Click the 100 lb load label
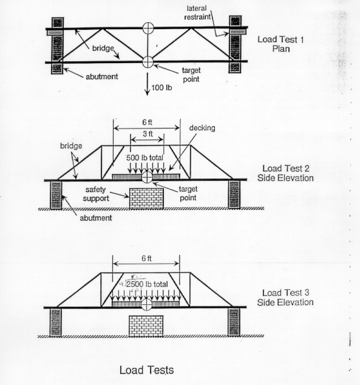(161, 87)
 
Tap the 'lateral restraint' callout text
(197, 13)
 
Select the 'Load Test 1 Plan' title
(280, 44)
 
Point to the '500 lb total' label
(144, 158)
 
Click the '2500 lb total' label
(147, 284)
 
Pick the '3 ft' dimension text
(148, 133)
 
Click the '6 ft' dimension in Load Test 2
(147, 122)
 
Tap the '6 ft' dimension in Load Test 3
(146, 258)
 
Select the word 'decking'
(202, 128)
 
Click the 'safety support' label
(96, 194)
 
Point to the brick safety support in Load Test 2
(146, 198)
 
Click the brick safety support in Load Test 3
(146, 326)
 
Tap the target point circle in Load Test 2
(147, 177)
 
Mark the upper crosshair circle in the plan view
(148, 28)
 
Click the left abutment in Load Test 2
(56, 195)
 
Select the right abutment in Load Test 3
(234, 322)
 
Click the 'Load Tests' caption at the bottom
(146, 370)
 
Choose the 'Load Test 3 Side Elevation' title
(285, 297)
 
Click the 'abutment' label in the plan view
(102, 76)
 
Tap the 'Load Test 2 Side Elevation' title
(285, 173)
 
